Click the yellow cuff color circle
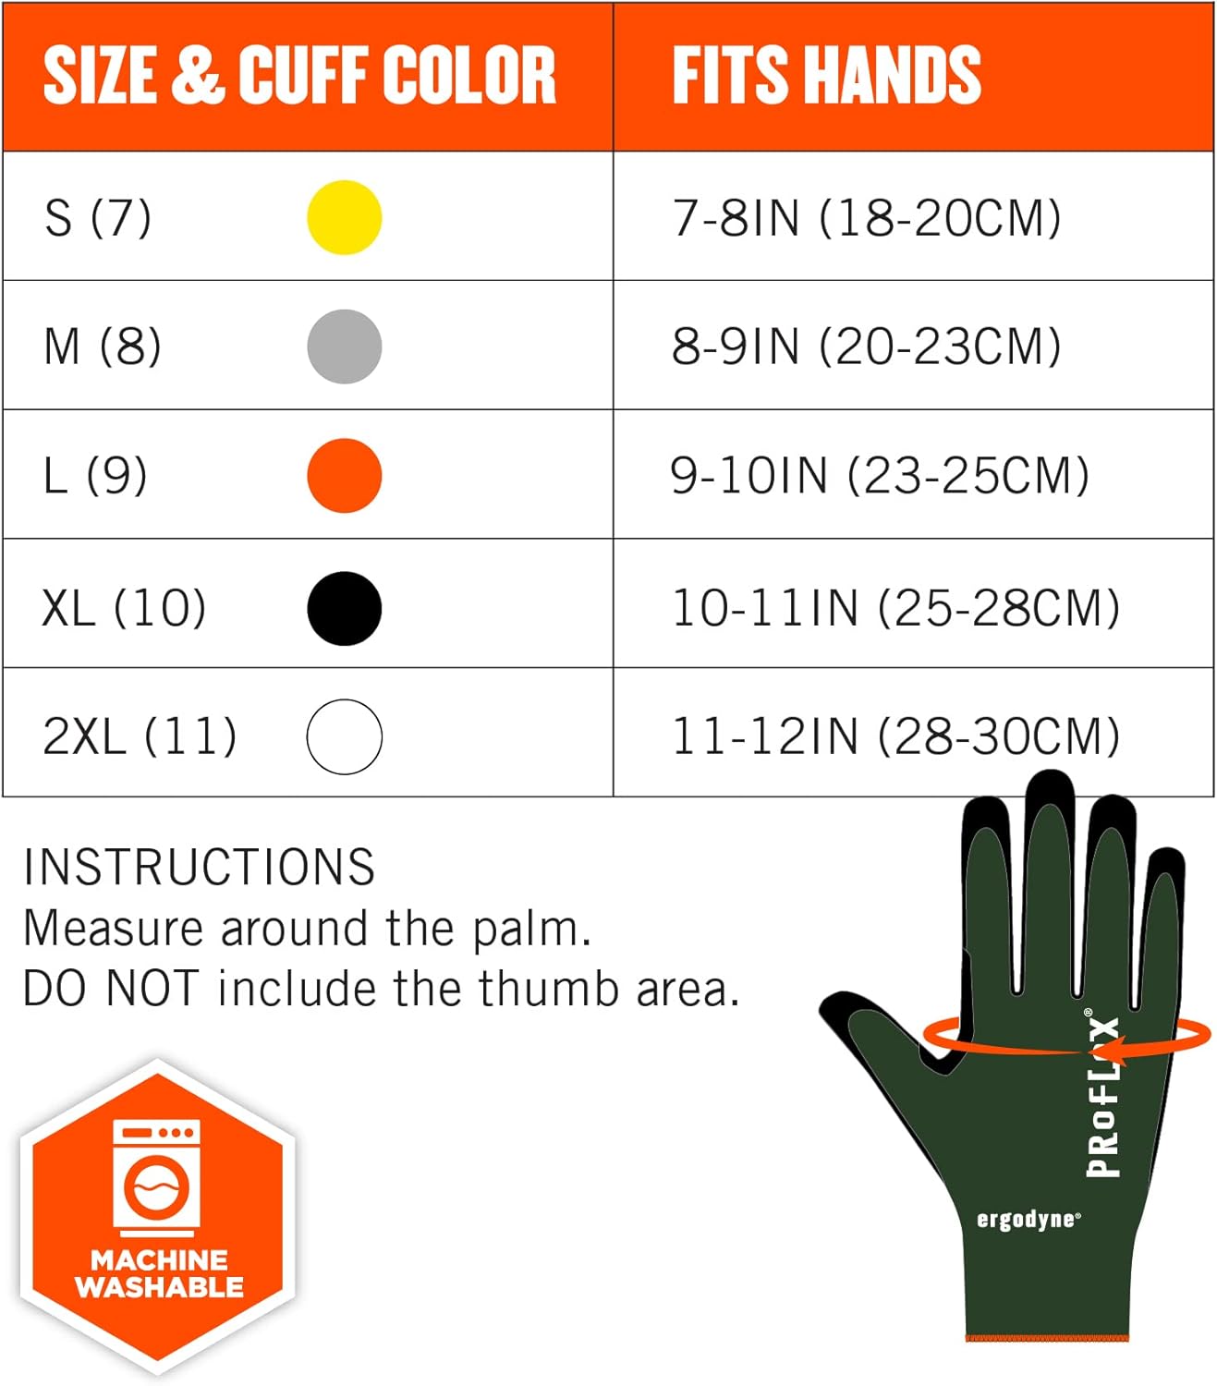point(344,217)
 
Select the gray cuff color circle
point(344,346)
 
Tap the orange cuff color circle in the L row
point(344,476)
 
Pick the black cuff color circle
point(344,608)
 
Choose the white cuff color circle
point(344,736)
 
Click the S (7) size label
point(97,218)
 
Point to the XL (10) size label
point(124,608)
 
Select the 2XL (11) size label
point(140,736)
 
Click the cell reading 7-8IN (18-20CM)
point(866,218)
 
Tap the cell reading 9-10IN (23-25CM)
point(879,476)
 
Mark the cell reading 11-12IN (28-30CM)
point(894,736)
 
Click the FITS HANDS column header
point(826,75)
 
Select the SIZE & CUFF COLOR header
point(299,75)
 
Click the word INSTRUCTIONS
point(199,867)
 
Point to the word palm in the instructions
point(531,929)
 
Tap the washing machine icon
point(156,1178)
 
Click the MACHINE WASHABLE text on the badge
point(159,1273)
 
